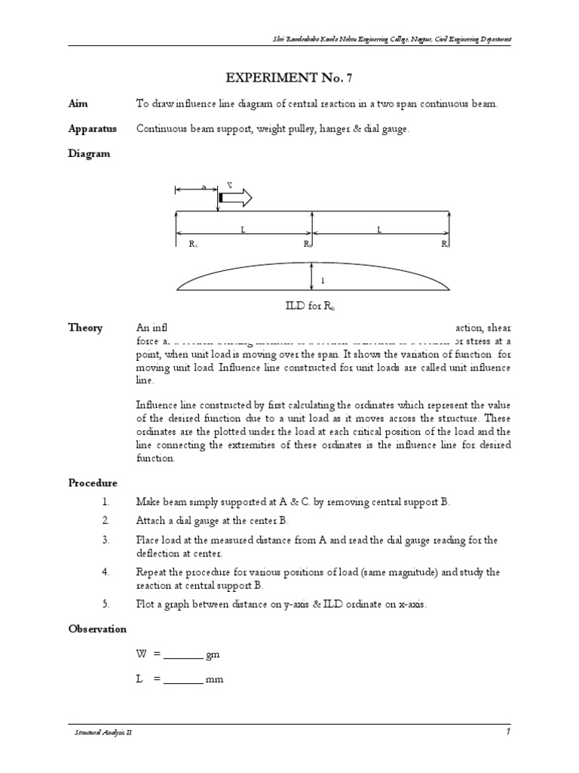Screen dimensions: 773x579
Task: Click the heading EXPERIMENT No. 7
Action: [289, 78]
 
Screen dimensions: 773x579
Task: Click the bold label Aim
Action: [78, 104]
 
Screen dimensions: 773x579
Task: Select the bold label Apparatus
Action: [92, 129]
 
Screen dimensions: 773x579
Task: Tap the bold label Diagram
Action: [89, 153]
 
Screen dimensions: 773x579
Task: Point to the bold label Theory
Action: [84, 328]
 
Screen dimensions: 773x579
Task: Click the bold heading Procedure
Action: [93, 482]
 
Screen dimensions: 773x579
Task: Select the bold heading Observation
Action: [97, 628]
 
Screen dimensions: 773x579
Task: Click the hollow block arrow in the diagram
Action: [237, 198]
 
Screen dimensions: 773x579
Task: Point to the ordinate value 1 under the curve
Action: [323, 281]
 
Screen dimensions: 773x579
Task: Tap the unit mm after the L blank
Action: [216, 679]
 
